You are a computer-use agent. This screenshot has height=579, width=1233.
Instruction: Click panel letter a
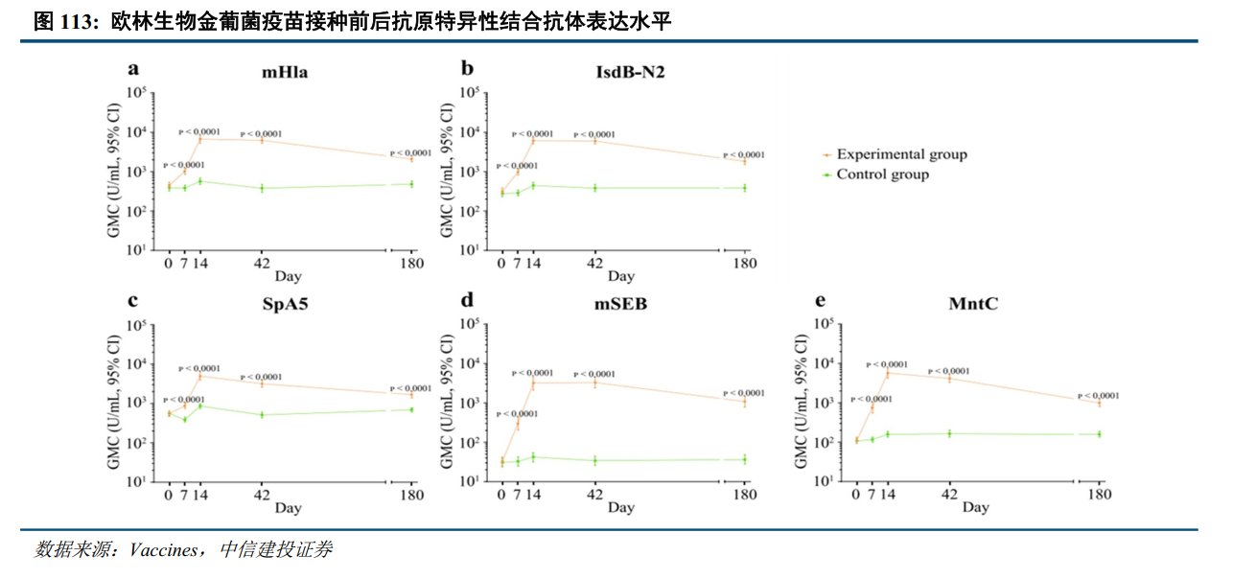coord(135,69)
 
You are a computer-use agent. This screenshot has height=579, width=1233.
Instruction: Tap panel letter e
coord(820,301)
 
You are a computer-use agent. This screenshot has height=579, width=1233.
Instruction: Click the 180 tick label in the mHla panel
coord(411,264)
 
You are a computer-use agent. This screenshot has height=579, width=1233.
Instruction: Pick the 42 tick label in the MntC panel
coord(949,495)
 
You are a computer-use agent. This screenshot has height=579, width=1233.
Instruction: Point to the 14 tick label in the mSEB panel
coord(534,495)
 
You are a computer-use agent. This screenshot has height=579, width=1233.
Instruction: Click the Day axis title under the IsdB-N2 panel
coord(620,277)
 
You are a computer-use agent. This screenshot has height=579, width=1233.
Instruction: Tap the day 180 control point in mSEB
coord(744,459)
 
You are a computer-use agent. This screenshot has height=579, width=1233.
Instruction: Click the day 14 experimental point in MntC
coord(887,372)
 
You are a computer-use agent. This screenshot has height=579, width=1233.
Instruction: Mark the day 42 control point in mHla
coord(262,188)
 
